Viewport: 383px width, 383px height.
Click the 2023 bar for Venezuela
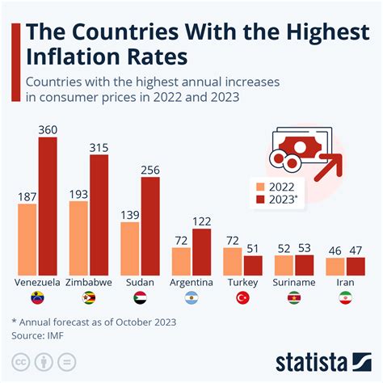point(48,206)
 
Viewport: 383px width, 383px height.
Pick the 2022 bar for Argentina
point(181,261)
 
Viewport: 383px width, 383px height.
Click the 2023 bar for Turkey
point(254,266)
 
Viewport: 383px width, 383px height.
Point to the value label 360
point(48,129)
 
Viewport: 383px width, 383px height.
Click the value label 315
point(99,147)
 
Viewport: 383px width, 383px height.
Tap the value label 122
point(202,221)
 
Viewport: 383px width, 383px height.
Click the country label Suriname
point(294,283)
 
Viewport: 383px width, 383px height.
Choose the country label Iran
point(346,283)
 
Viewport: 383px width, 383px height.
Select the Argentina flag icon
point(191,299)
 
